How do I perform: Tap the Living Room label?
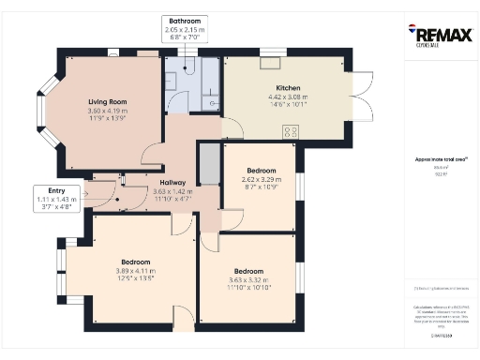tap(108, 101)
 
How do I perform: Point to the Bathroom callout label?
tap(185, 20)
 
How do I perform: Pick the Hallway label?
tap(172, 182)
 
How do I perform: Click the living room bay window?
tap(42, 112)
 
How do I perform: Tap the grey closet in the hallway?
tap(209, 165)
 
